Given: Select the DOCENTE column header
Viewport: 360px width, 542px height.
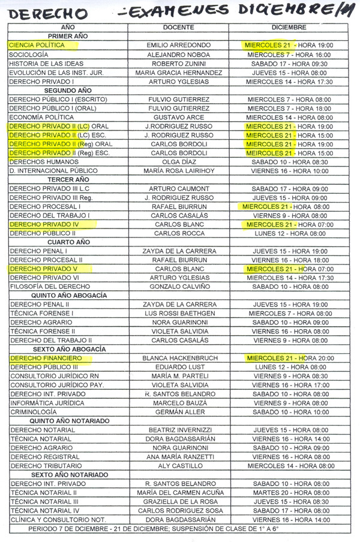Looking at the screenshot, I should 178,28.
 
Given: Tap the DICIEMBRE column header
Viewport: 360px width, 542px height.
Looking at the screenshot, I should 289,28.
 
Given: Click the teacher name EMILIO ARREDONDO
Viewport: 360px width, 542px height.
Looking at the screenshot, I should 178,45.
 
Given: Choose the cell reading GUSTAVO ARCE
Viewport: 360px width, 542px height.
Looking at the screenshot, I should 178,118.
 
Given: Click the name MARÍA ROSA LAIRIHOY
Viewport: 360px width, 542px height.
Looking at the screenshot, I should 178,171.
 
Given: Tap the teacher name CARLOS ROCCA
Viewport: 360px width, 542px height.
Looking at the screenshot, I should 178,233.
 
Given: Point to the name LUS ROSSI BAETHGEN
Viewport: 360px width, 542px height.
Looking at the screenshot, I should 178,313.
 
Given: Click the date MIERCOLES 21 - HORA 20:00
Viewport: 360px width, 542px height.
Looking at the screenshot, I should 290,358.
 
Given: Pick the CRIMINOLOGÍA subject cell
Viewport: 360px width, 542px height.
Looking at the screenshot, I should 33,412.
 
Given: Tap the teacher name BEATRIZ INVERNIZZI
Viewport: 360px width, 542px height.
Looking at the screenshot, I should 178,430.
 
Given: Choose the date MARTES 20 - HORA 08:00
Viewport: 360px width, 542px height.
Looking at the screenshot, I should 290,492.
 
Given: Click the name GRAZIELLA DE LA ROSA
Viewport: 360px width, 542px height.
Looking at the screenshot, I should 178,501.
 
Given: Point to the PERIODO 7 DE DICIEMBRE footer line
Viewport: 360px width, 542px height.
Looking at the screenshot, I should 154,529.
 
